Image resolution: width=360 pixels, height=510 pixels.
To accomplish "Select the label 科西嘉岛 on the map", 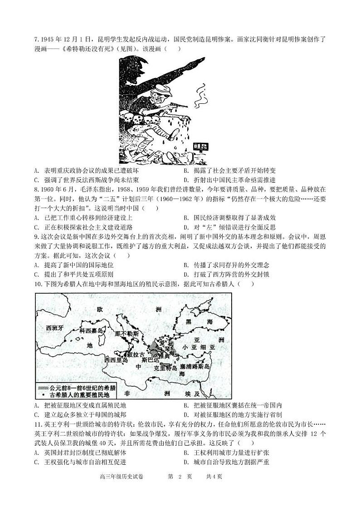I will pos(92,330).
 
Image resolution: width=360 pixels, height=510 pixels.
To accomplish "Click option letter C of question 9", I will pos(36,274).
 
